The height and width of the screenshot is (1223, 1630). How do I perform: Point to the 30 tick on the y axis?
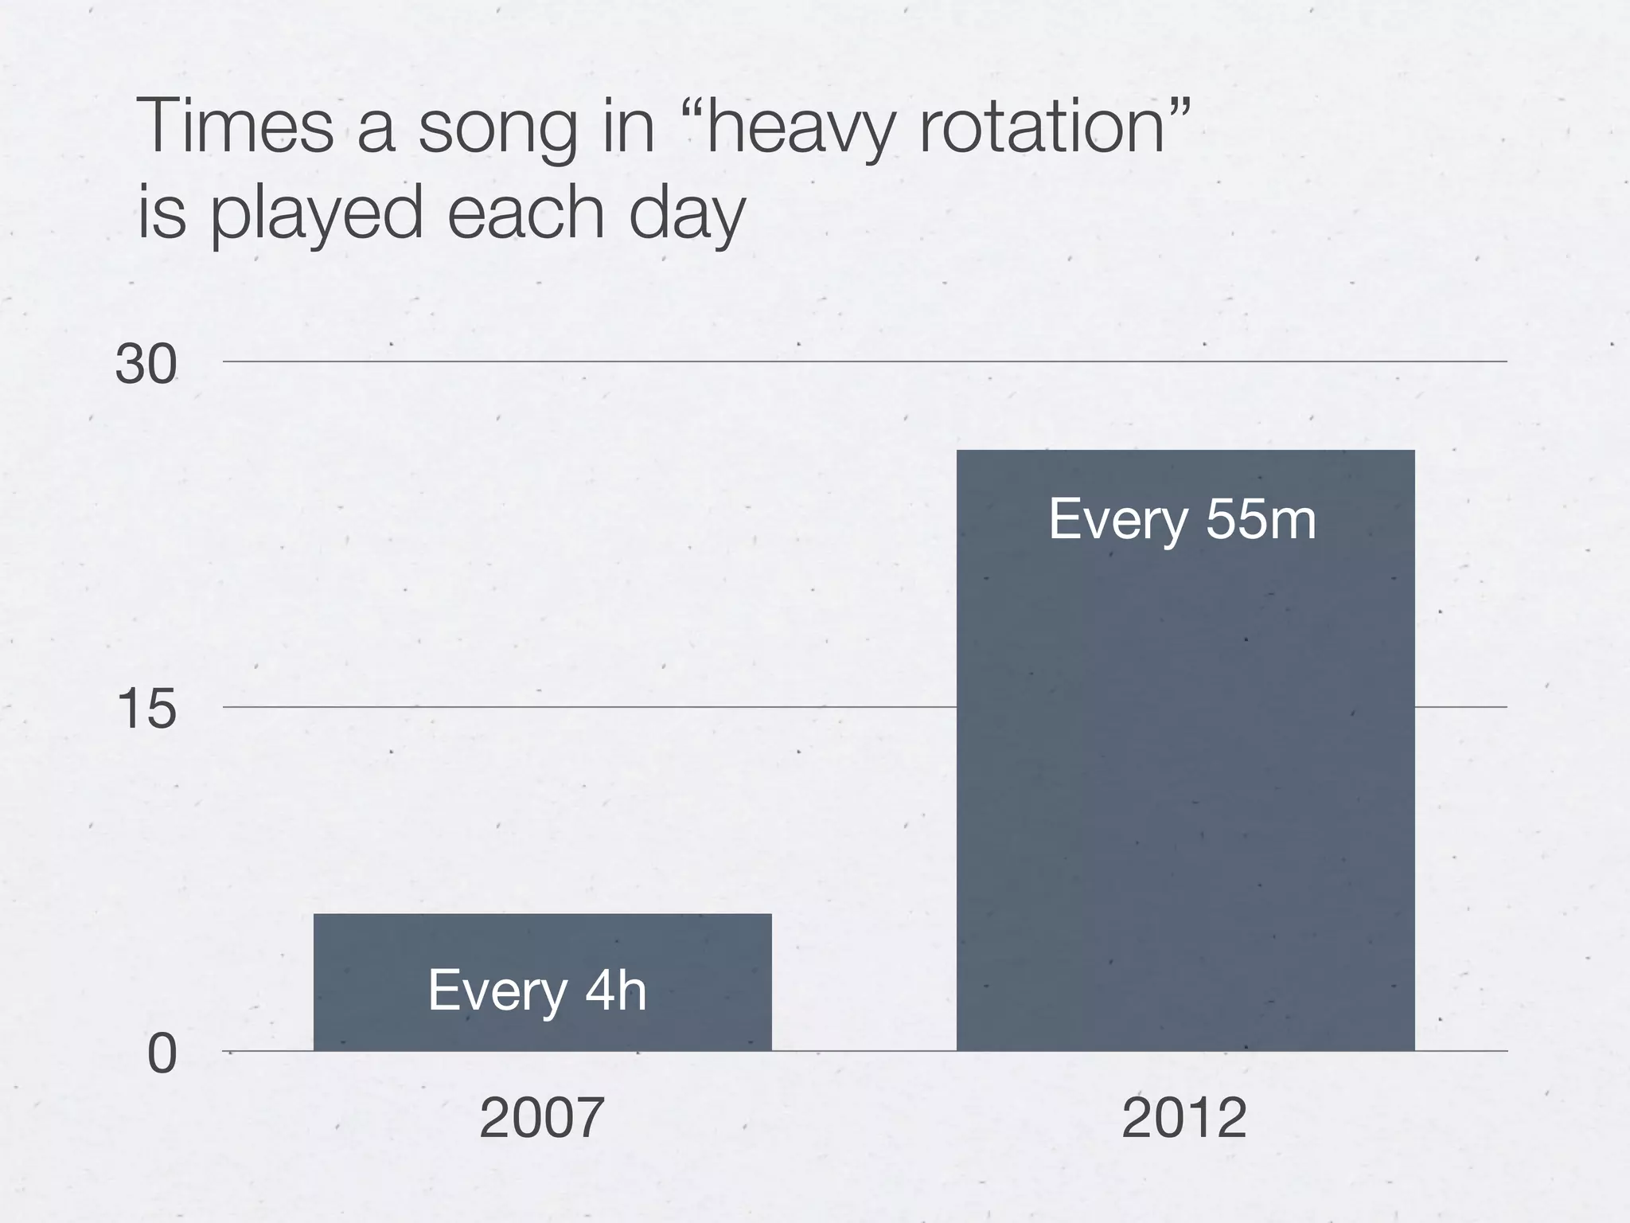(x=146, y=365)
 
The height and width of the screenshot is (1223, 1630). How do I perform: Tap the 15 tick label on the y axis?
(x=146, y=710)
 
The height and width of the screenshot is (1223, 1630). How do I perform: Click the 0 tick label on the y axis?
(x=162, y=1055)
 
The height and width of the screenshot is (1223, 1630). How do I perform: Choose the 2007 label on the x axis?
(x=542, y=1119)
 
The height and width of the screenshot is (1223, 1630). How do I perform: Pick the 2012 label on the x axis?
(x=1184, y=1119)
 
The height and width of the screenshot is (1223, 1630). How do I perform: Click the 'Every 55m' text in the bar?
(x=1183, y=520)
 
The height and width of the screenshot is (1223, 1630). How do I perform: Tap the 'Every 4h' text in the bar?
(x=537, y=991)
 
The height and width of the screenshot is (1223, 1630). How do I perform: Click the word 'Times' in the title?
(x=236, y=127)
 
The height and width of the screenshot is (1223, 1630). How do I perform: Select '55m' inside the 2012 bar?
(x=1261, y=520)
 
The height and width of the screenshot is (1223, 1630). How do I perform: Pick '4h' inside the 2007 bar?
(x=615, y=991)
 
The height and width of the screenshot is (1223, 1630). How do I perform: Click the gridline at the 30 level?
(x=796, y=361)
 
